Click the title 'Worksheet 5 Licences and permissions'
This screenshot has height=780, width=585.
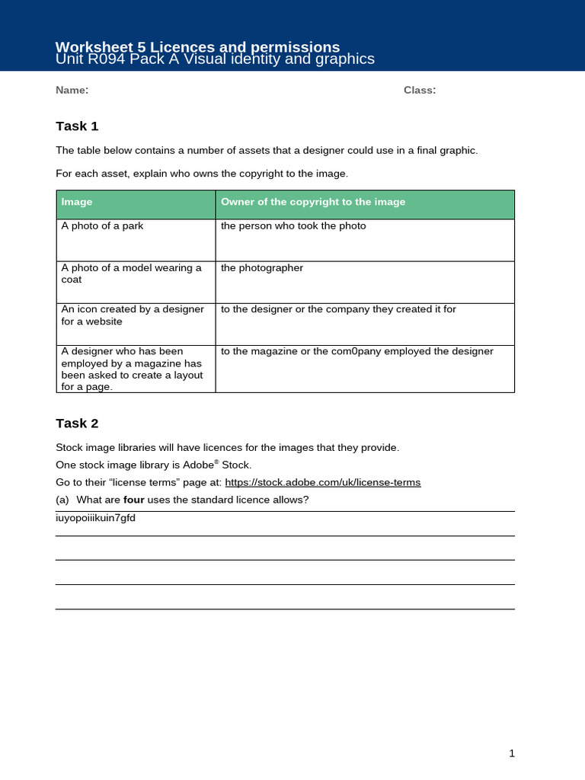point(198,46)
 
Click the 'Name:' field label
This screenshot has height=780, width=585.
point(72,91)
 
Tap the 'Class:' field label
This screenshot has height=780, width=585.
point(419,91)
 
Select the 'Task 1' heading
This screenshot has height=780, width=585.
point(77,126)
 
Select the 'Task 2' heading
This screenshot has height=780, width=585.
point(77,424)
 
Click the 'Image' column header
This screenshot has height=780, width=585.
point(77,202)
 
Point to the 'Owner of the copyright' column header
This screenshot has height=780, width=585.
point(312,202)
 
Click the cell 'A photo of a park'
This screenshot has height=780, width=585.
point(102,226)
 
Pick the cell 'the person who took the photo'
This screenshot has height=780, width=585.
point(293,226)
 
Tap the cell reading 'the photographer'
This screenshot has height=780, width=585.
point(261,268)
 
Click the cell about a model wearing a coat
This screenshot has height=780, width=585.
point(131,273)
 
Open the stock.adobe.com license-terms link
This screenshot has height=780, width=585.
point(322,482)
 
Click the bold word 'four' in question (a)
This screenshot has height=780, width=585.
point(134,500)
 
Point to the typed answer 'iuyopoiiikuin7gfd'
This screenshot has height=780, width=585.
point(95,518)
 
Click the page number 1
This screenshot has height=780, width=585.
point(512,753)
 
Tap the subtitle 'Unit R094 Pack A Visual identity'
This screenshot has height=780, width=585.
point(215,59)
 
